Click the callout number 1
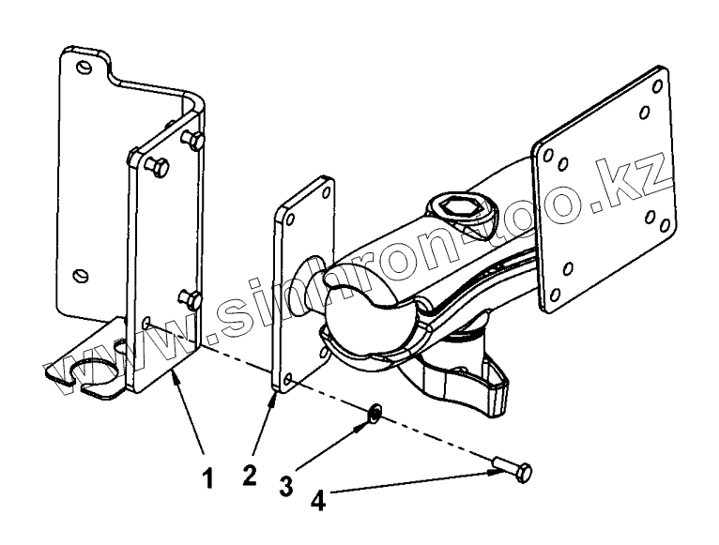pos(209,478)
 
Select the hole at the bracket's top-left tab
pos(85,67)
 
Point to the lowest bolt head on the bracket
pos(193,300)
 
